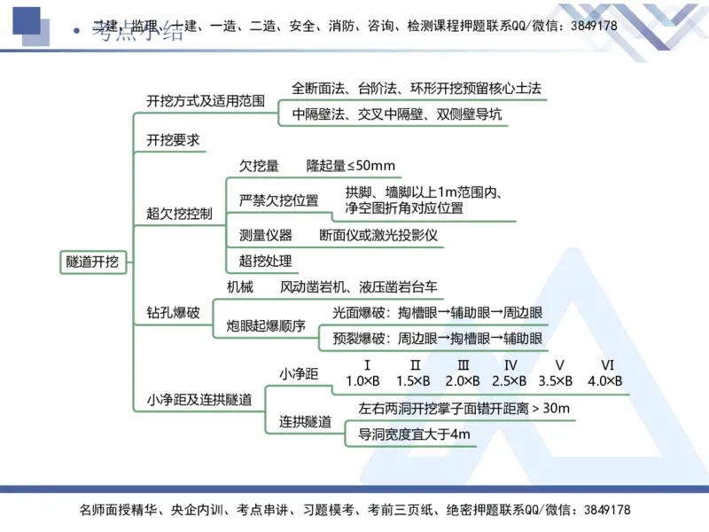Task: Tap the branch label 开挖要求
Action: coord(173,140)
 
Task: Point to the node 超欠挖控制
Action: coord(179,213)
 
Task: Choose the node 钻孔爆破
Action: coord(173,312)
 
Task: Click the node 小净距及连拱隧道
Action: coord(199,400)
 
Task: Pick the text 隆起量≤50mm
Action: coord(351,166)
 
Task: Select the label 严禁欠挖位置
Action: coord(278,200)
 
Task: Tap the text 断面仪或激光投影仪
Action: coord(378,236)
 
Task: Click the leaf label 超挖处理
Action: coord(265,261)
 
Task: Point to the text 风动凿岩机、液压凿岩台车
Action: coord(359,287)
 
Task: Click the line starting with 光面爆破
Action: coord(438,312)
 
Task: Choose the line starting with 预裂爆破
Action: coord(438,338)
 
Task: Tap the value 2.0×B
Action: coord(463,381)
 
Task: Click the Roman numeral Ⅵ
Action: coord(608,365)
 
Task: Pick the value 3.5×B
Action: coord(556,381)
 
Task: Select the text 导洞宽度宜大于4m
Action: coord(414,434)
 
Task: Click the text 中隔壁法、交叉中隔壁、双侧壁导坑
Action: coord(397,114)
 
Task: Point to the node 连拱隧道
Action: coord(306,421)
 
